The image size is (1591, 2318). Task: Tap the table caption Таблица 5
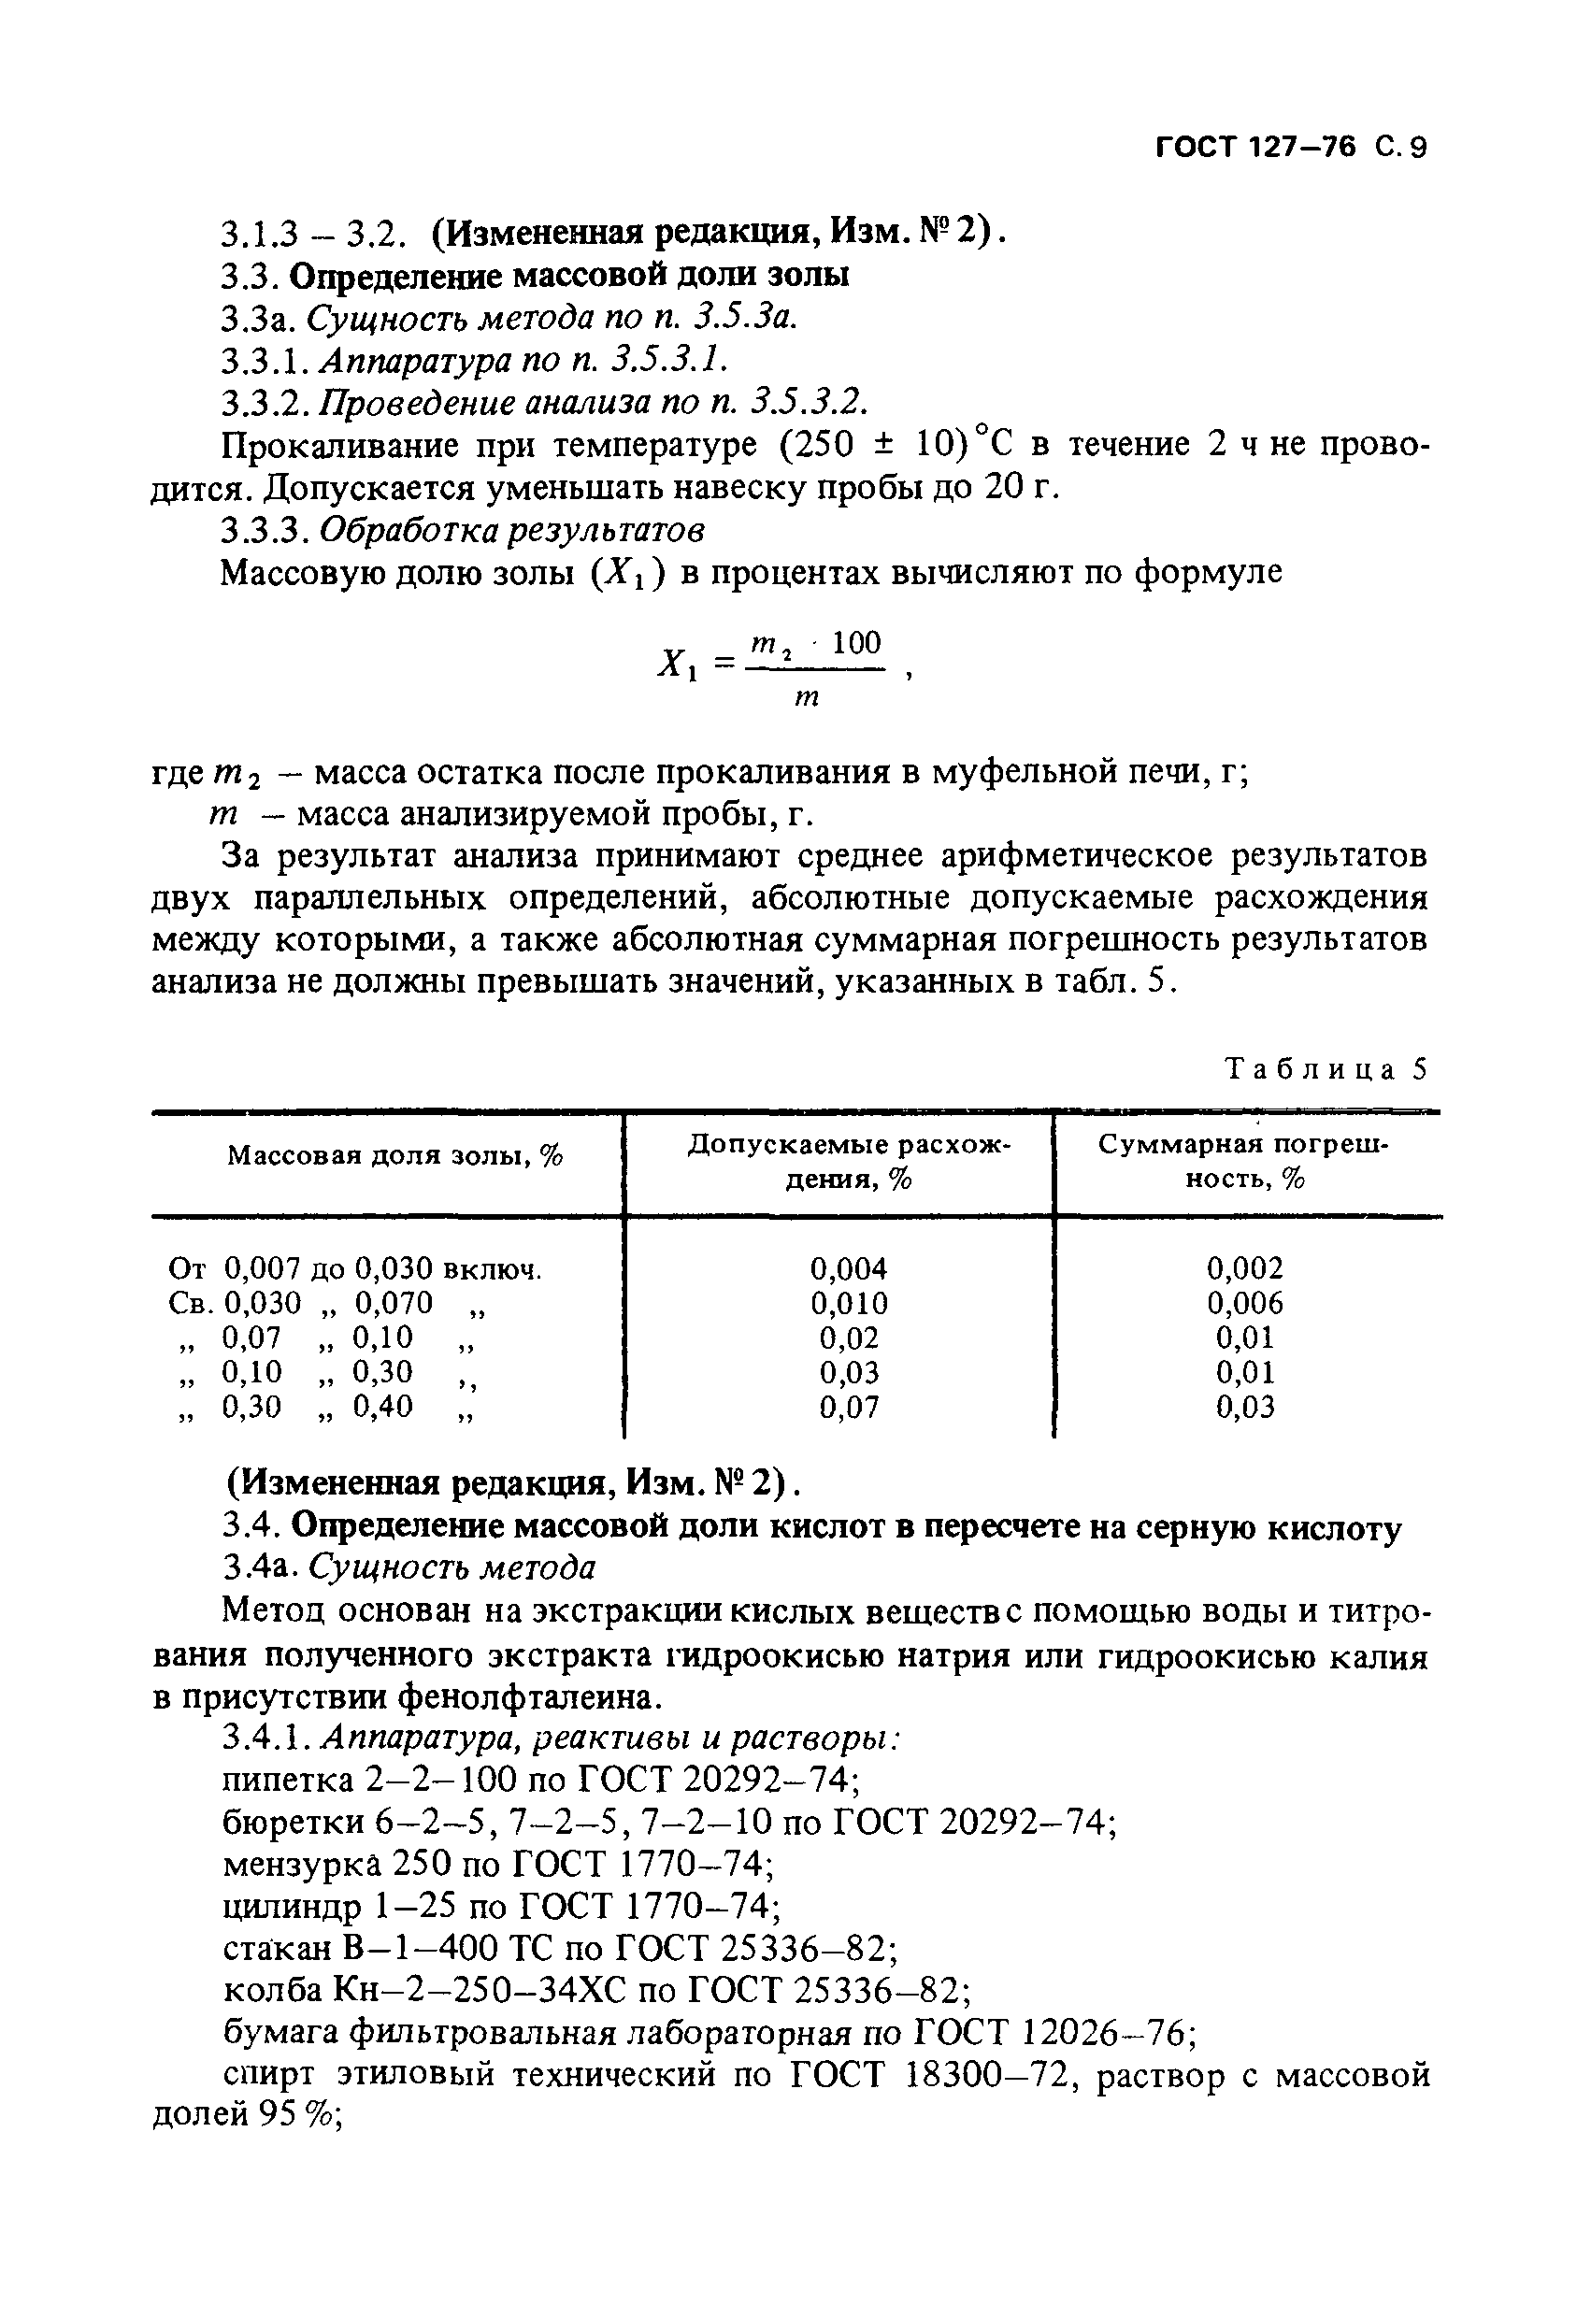pyautogui.click(x=1326, y=1069)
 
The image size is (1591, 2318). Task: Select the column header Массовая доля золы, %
pyautogui.click(x=395, y=1156)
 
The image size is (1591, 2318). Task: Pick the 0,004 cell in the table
pyautogui.click(x=848, y=1268)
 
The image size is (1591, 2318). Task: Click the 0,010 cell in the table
pyautogui.click(x=848, y=1304)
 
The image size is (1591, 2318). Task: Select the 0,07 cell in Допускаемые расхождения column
pyautogui.click(x=849, y=1408)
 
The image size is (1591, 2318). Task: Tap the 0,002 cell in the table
pyautogui.click(x=1245, y=1268)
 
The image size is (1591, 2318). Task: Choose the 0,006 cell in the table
pyautogui.click(x=1245, y=1304)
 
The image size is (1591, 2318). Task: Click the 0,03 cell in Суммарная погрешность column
pyautogui.click(x=1245, y=1408)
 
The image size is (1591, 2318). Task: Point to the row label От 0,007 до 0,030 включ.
pyautogui.click(x=355, y=1269)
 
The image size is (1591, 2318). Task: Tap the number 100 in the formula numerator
pyautogui.click(x=857, y=643)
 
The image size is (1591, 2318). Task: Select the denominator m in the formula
pyautogui.click(x=806, y=699)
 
